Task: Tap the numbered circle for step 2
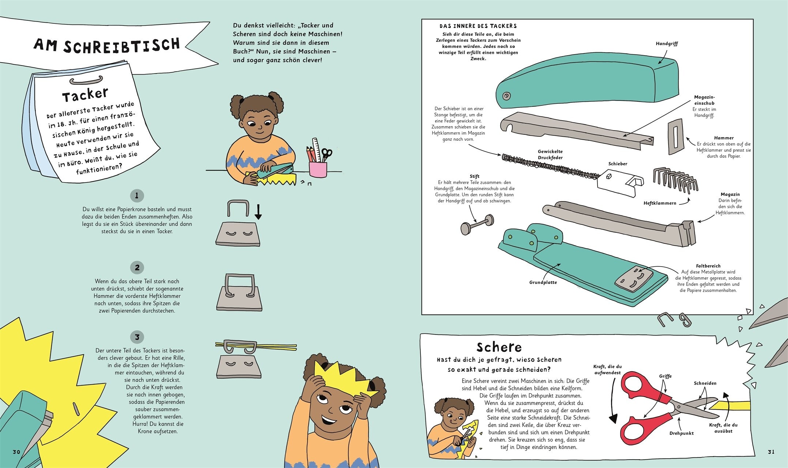pos(137,268)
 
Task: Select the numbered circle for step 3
pos(137,337)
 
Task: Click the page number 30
pos(16,452)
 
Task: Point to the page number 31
pos(771,452)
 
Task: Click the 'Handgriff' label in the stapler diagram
pos(667,44)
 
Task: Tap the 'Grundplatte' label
pos(543,282)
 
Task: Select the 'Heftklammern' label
pos(660,203)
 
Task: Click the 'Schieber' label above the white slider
pos(618,164)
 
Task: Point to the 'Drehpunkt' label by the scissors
pos(682,433)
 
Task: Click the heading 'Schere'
pos(499,347)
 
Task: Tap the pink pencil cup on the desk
pos(318,169)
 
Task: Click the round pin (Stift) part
pos(477,224)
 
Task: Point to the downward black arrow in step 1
pos(258,212)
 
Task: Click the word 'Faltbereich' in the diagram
pos(708,266)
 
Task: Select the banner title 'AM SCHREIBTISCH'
pos(107,46)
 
